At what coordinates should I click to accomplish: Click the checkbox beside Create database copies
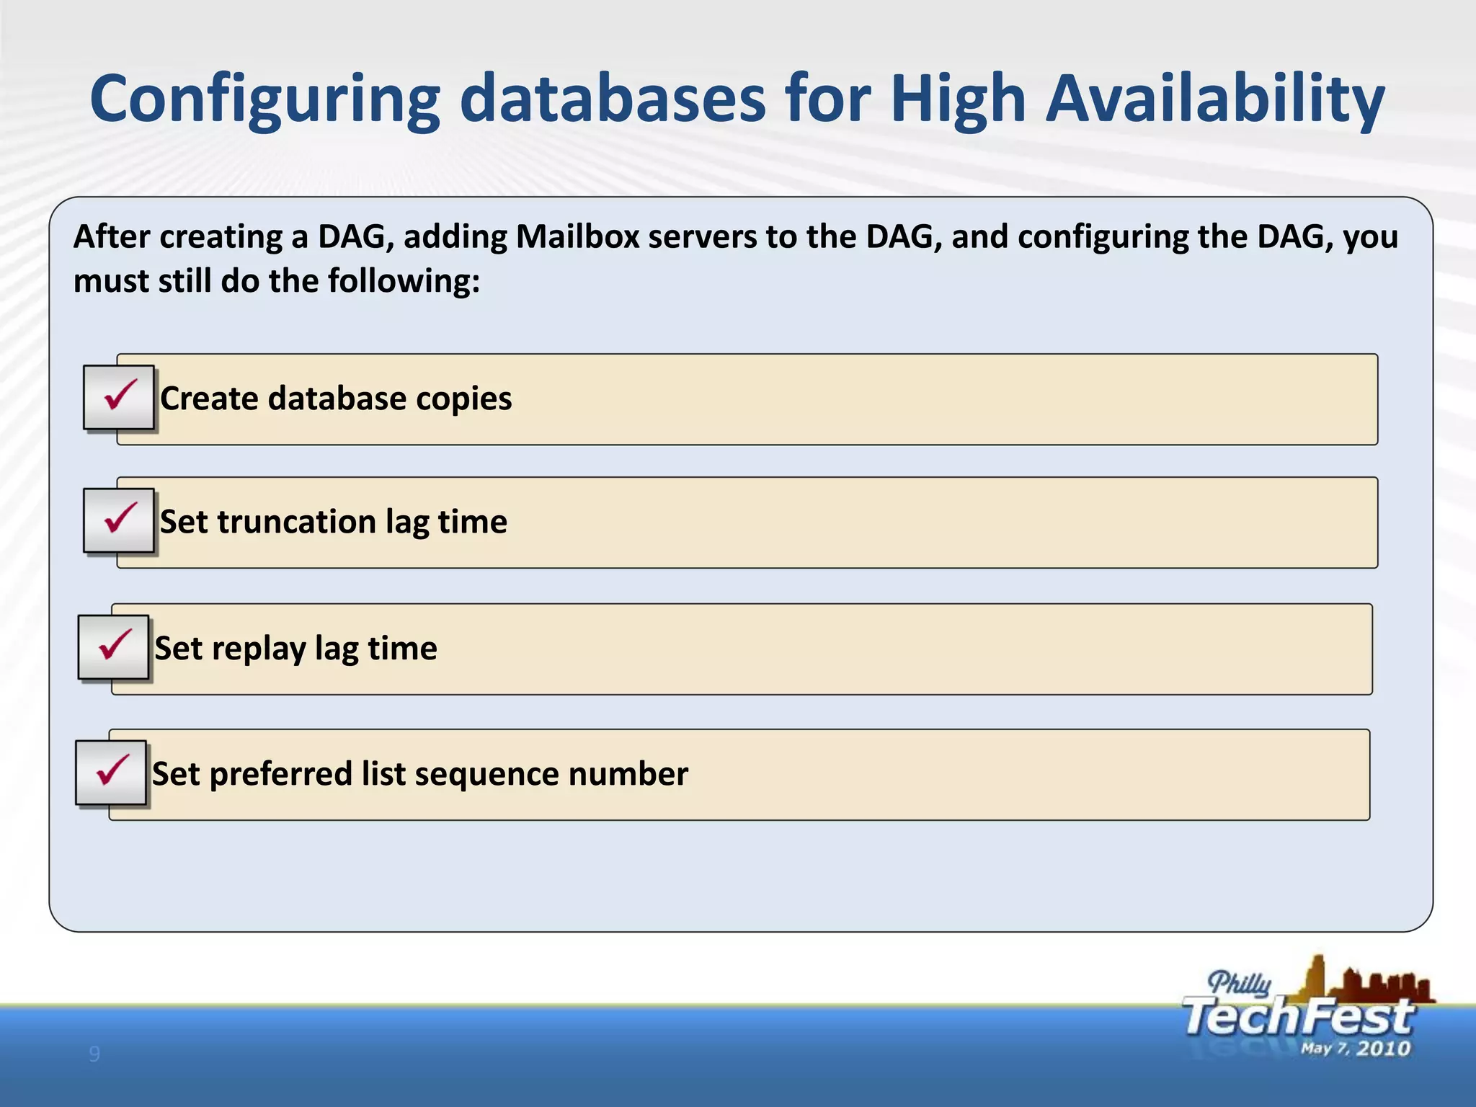(x=119, y=397)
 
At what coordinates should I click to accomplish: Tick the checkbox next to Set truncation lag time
(x=119, y=520)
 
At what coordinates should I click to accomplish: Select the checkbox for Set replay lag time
(x=114, y=647)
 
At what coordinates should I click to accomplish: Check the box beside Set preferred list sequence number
(x=111, y=773)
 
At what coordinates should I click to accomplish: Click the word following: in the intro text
(x=404, y=281)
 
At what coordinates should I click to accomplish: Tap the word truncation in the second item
(x=297, y=521)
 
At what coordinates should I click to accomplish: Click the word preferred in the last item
(x=280, y=774)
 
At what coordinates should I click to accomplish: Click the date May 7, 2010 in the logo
(x=1355, y=1049)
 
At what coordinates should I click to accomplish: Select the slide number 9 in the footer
(x=94, y=1054)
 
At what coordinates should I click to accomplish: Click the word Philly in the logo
(x=1239, y=983)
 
